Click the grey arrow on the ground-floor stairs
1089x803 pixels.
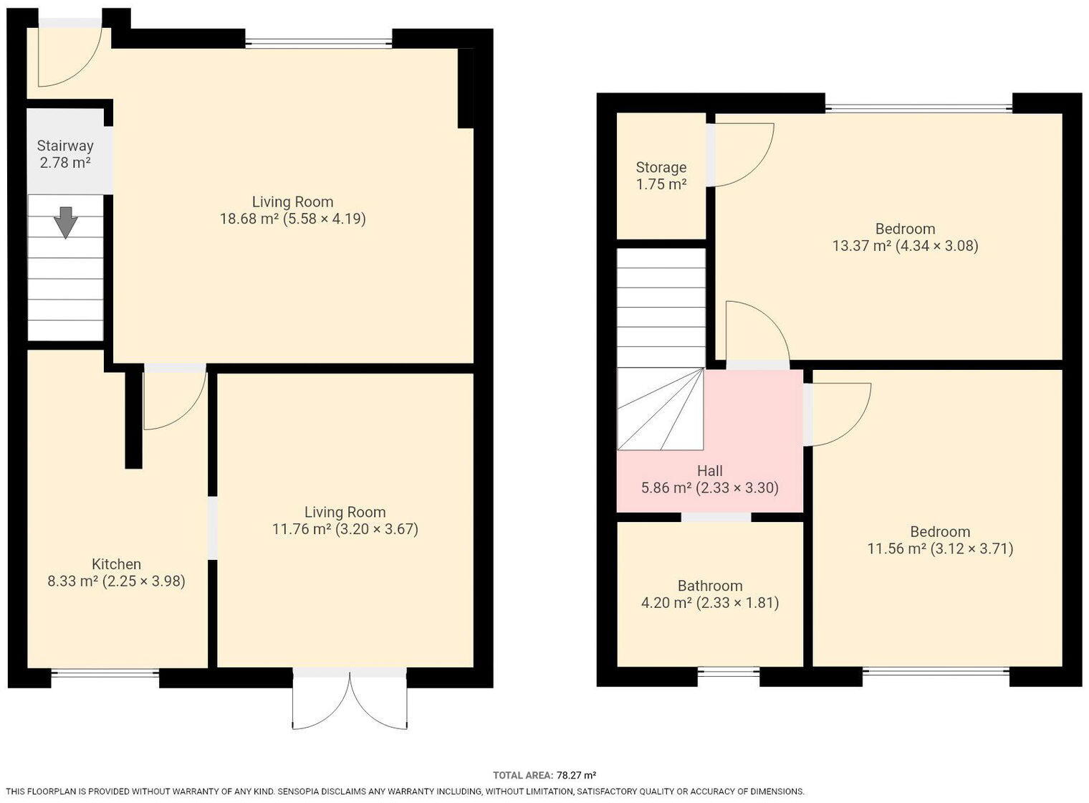66,222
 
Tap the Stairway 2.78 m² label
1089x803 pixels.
65,154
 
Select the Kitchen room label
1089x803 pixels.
116,572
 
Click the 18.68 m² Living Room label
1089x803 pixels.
292,210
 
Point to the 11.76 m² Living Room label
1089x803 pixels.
345,521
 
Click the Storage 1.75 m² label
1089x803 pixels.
661,176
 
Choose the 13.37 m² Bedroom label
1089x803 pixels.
904,237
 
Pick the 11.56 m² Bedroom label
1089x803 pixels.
939,540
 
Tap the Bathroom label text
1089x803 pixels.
709,594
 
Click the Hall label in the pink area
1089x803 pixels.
709,479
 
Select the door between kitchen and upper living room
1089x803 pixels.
172,398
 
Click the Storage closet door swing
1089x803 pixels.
742,154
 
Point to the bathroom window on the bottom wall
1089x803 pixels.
728,673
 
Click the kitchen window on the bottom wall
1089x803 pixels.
105,673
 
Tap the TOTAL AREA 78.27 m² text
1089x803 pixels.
544,775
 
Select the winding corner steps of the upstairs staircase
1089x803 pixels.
661,410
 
